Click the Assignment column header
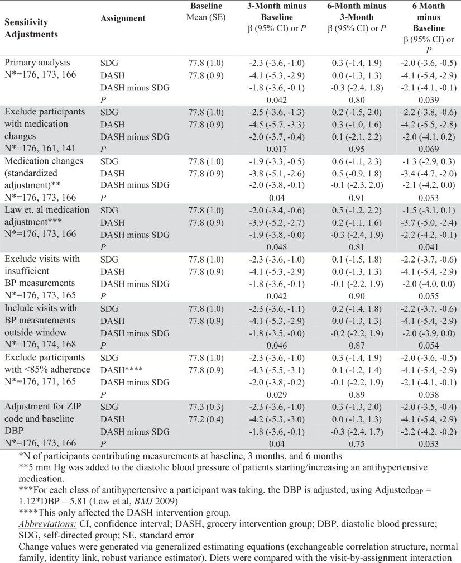123,18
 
